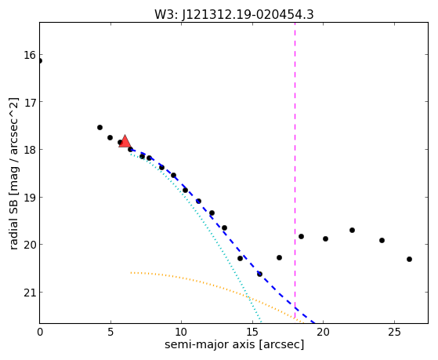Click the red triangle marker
(x=125, y=141)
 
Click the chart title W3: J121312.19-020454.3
(x=234, y=15)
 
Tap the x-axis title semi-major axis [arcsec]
(x=234, y=344)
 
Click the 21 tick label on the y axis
(x=30, y=293)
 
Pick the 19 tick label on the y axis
(x=30, y=198)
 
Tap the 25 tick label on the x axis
(x=394, y=333)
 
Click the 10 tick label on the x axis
(x=181, y=333)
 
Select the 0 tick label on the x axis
(x=40, y=333)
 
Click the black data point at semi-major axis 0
(x=40, y=60)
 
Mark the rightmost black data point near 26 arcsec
(x=409, y=260)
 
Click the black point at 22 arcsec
(x=352, y=231)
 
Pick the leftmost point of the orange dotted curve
(x=131, y=272)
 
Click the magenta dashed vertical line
(x=295, y=173)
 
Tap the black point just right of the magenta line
(x=301, y=236)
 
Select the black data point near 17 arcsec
(x=279, y=257)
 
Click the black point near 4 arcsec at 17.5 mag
(x=100, y=128)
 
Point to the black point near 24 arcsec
(x=382, y=240)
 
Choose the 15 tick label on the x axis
(x=252, y=333)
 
